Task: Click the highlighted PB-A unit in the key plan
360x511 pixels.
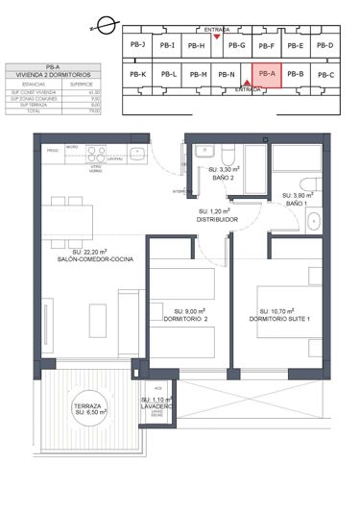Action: coord(267,73)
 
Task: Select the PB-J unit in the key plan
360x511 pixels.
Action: coord(136,45)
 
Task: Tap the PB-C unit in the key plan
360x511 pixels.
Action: coord(326,74)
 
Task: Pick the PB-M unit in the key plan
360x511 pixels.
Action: coord(199,74)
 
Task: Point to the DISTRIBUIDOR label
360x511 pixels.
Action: coord(217,219)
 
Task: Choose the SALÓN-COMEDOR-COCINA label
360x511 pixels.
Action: coord(94,260)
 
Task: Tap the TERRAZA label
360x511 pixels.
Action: coord(86,405)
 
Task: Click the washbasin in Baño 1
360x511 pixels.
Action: coord(316,222)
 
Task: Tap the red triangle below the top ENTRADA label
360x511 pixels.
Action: coord(217,37)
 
